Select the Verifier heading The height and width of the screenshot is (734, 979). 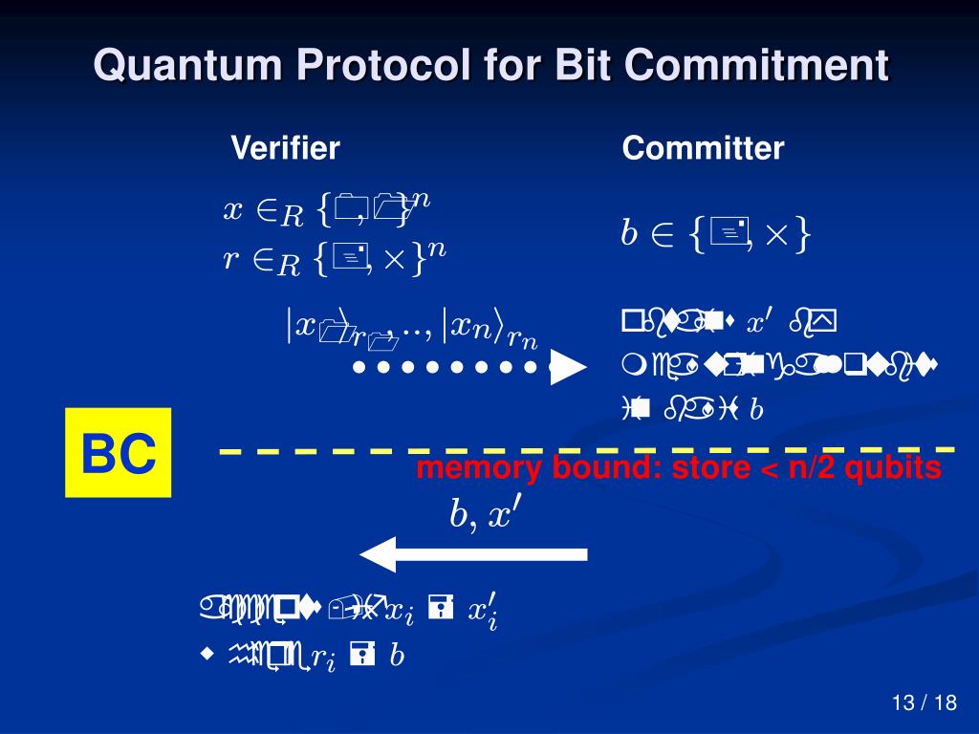click(285, 148)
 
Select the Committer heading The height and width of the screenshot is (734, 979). click(703, 148)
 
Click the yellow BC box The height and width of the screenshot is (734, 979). click(119, 453)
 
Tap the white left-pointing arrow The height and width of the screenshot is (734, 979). click(473, 554)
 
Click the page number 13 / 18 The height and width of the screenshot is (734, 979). click(924, 703)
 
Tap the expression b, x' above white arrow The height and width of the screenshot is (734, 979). click(485, 514)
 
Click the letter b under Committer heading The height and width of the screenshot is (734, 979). click(629, 234)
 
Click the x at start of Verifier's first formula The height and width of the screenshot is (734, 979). click(232, 209)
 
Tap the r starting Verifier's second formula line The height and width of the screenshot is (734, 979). click(230, 256)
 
